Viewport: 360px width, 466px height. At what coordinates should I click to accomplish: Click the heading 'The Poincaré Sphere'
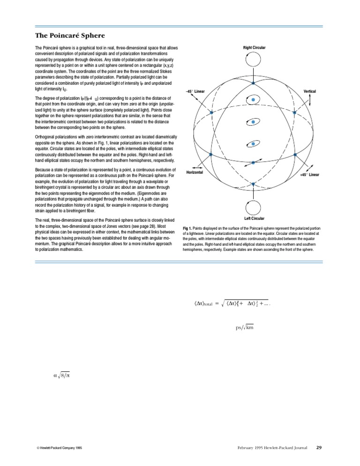tap(70, 36)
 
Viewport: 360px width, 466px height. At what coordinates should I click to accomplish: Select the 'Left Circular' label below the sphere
tap(255, 218)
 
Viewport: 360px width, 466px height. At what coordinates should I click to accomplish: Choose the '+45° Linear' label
tap(309, 175)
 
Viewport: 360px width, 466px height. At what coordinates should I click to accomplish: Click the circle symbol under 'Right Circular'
tap(254, 60)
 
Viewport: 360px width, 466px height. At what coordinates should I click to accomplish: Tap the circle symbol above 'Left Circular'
tap(254, 207)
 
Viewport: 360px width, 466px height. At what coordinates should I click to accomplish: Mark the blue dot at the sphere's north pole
tap(253, 83)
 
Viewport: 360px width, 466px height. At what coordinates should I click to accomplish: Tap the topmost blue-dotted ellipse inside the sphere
tap(253, 100)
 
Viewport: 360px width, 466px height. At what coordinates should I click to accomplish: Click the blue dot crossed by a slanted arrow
tap(253, 162)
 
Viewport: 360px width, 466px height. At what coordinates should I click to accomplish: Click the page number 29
tap(319, 448)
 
